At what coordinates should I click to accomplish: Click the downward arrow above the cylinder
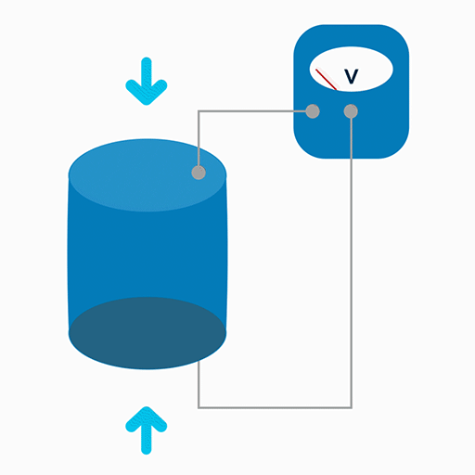(147, 82)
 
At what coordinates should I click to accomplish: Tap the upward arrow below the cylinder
(147, 430)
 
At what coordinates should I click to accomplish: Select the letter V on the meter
(352, 76)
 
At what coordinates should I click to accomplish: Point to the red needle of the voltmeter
(327, 80)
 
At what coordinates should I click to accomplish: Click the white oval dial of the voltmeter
(352, 69)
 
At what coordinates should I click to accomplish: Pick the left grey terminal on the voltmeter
(313, 111)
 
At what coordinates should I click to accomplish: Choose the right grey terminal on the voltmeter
(351, 111)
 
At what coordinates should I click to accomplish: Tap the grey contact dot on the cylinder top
(199, 173)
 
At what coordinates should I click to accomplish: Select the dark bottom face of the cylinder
(148, 333)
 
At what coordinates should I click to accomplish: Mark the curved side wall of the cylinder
(148, 253)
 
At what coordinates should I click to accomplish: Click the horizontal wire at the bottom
(275, 407)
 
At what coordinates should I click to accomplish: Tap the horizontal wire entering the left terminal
(252, 111)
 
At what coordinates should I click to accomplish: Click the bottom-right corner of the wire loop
(352, 407)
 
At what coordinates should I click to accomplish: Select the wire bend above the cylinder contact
(199, 111)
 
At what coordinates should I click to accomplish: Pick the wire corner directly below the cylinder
(199, 407)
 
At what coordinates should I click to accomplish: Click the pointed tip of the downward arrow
(147, 105)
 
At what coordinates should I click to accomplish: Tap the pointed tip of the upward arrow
(147, 406)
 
